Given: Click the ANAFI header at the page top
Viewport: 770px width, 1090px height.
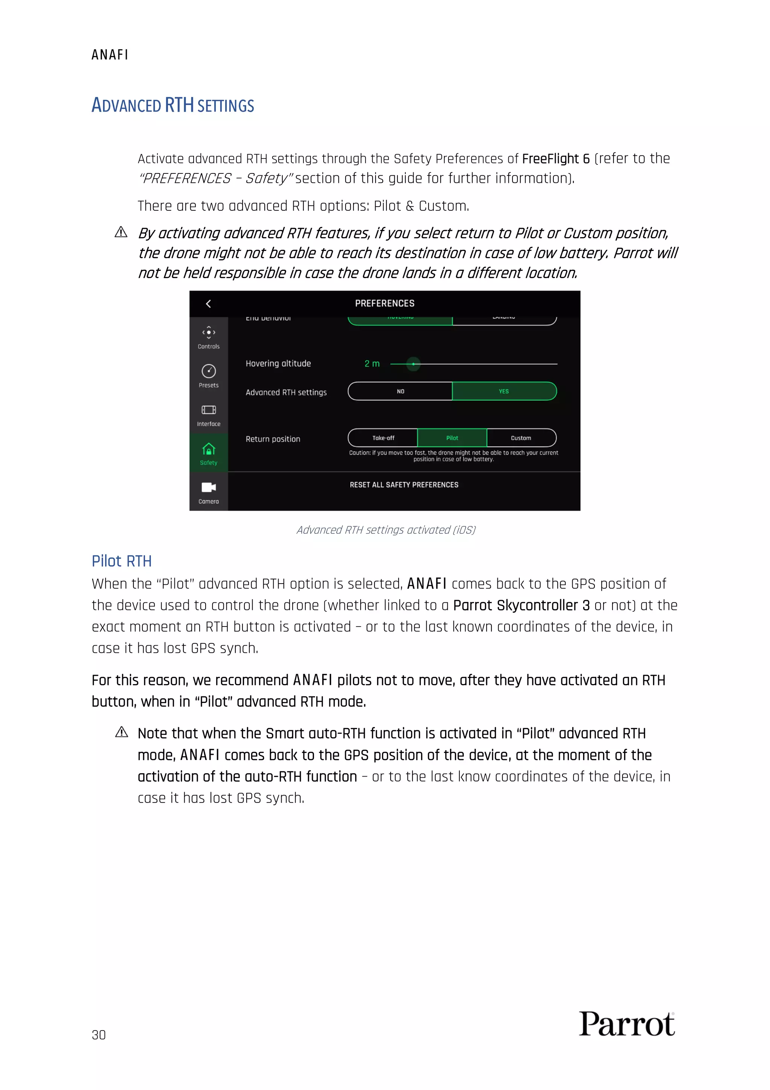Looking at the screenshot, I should tap(109, 55).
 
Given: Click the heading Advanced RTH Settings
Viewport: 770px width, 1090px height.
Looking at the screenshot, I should tap(173, 105).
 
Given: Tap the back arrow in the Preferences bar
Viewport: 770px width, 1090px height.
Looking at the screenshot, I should tap(208, 304).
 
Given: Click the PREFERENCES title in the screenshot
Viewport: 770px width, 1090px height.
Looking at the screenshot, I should tap(384, 303).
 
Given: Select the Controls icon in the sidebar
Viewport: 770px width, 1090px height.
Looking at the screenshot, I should tap(209, 332).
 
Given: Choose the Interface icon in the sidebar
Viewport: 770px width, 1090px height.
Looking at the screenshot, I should tap(209, 410).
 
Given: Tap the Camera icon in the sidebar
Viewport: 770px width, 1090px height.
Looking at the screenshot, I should tap(209, 488).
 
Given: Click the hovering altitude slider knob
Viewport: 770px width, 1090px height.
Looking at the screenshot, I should tap(413, 364).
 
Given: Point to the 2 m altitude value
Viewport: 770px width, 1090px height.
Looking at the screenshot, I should tap(372, 364).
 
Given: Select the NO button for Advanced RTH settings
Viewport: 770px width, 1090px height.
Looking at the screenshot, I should tap(400, 391).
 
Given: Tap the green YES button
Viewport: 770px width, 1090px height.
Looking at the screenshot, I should tap(504, 391).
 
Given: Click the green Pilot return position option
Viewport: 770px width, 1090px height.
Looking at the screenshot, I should tap(452, 438).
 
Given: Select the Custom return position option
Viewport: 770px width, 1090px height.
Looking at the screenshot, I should tap(521, 438).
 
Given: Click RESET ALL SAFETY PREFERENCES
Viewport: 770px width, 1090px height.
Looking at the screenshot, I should tap(404, 485).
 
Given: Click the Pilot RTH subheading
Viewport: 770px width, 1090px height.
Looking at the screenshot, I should tap(121, 561).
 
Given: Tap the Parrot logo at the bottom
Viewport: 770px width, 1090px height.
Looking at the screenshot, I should tap(626, 1024).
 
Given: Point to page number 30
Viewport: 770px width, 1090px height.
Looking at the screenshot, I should tap(99, 1035).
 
